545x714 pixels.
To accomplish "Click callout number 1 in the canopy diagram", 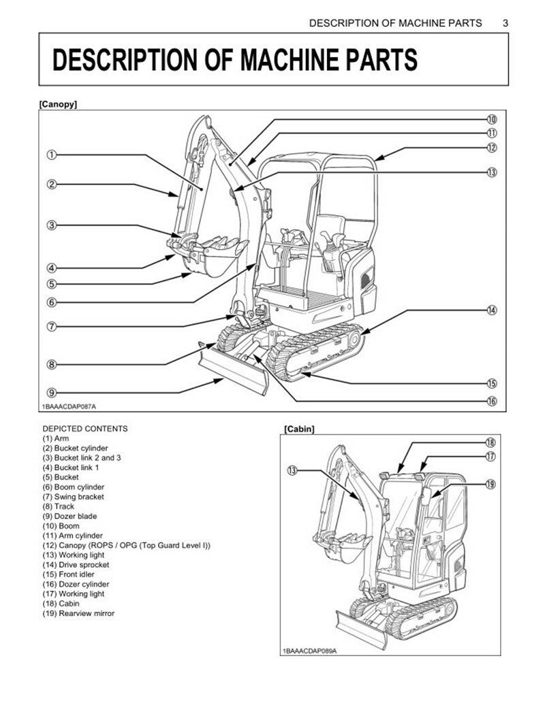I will [51, 155].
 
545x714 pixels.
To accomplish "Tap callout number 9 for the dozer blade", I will [51, 392].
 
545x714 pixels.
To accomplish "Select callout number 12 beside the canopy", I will [492, 147].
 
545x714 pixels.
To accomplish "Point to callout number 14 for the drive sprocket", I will [492, 310].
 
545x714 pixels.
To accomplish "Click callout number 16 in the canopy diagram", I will [492, 401].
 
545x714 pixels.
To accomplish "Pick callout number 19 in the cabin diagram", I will [490, 484].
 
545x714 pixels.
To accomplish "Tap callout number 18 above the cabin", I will [490, 442].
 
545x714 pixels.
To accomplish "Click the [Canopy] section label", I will [58, 105].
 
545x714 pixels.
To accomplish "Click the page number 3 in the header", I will [505, 22].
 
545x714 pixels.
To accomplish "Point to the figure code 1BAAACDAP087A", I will [68, 406].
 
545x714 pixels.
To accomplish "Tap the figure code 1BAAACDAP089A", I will [309, 651].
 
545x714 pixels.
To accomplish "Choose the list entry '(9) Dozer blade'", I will [69, 516].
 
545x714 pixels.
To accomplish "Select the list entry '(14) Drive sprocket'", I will [76, 564].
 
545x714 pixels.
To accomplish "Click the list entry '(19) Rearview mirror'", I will [78, 613].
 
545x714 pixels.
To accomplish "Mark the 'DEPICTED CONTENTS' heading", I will [84, 429].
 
